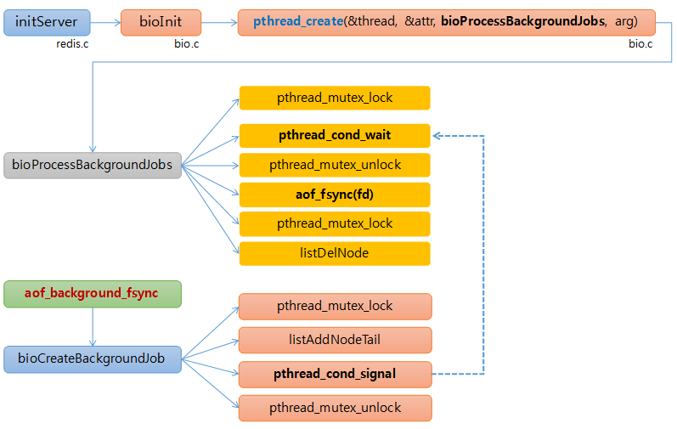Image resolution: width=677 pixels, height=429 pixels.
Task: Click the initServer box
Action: pyautogui.click(x=46, y=22)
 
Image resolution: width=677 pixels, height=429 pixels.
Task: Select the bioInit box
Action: pyautogui.click(x=162, y=22)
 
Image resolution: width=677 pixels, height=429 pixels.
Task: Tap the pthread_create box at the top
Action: pyautogui.click(x=447, y=22)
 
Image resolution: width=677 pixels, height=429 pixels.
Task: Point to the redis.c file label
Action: pyautogui.click(x=73, y=43)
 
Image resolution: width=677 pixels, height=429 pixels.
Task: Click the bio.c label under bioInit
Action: pyautogui.click(x=186, y=43)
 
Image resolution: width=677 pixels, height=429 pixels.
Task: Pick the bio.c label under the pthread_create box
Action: pyautogui.click(x=640, y=43)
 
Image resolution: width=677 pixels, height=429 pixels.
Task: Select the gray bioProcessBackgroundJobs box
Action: pyautogui.click(x=93, y=165)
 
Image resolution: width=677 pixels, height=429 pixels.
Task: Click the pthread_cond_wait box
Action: pyautogui.click(x=335, y=135)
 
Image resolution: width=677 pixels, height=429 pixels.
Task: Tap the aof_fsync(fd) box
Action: pyautogui.click(x=335, y=195)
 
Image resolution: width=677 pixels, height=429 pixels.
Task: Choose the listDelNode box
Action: pyautogui.click(x=335, y=253)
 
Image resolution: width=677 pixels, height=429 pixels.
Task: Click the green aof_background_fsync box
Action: pyautogui.click(x=93, y=293)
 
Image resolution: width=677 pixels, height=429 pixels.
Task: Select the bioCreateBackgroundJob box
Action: pyautogui.click(x=93, y=358)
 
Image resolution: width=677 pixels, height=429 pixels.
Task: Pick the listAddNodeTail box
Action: pyautogui.click(x=335, y=340)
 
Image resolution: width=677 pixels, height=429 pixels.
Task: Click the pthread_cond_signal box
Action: pyautogui.click(x=335, y=373)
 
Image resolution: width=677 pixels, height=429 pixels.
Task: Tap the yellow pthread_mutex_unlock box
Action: pyautogui.click(x=335, y=165)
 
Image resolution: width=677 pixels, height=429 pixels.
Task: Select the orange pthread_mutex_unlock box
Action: pyautogui.click(x=335, y=408)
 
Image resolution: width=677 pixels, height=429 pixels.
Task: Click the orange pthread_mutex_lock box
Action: pyautogui.click(x=335, y=306)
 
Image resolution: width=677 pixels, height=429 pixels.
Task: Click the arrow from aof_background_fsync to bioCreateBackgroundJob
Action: pyautogui.click(x=93, y=326)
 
